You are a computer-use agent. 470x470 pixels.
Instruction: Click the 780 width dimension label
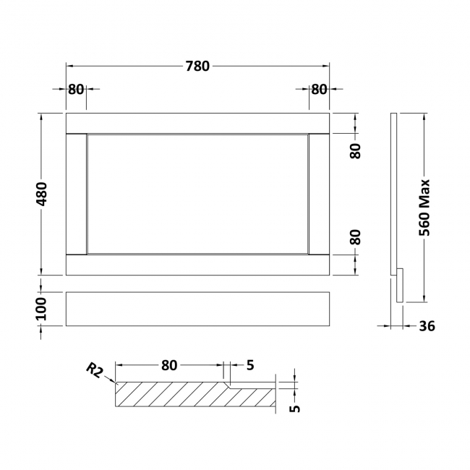tap(197, 67)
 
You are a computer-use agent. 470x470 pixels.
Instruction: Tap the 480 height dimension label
tap(41, 194)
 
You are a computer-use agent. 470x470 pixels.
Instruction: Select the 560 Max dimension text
tap(424, 208)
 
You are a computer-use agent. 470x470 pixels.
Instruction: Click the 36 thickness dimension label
tap(427, 326)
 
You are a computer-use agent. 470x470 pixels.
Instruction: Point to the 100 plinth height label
tap(41, 309)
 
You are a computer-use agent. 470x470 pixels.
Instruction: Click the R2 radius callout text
tap(95, 370)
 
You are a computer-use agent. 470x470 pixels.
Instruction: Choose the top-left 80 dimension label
tap(76, 89)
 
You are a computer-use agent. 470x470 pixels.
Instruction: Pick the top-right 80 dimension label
tap(319, 89)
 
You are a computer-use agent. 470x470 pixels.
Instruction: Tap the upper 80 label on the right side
tap(356, 151)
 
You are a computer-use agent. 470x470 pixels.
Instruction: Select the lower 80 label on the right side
tap(356, 237)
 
